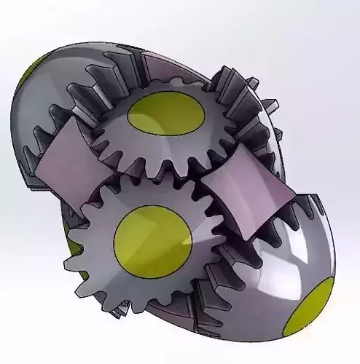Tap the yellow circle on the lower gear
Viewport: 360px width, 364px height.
(x=152, y=237)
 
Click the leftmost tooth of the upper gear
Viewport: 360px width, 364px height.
(x=95, y=131)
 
